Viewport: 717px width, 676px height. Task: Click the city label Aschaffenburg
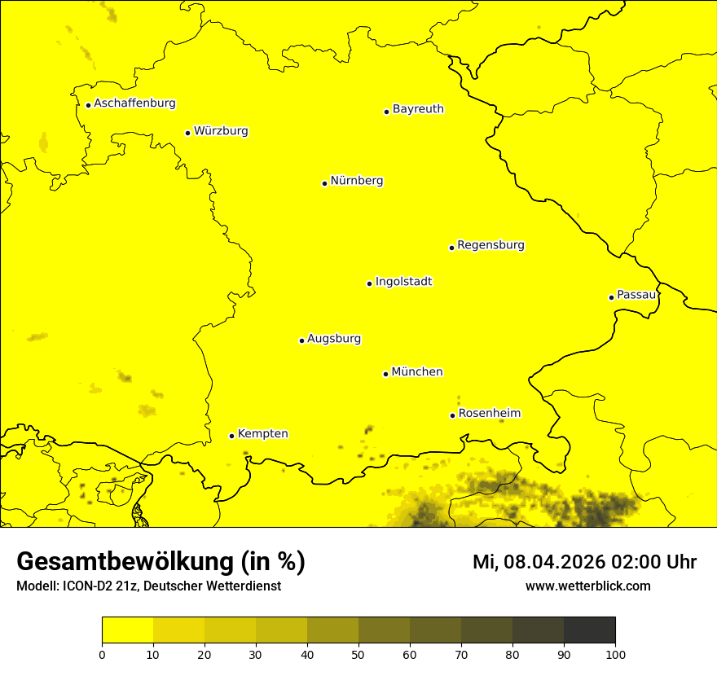point(134,103)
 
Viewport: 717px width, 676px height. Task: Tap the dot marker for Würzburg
point(187,133)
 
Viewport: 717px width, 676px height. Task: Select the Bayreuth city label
point(418,109)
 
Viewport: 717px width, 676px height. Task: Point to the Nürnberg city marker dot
point(324,183)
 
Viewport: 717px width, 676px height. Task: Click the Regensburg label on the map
point(490,245)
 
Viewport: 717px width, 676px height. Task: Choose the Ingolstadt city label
point(403,282)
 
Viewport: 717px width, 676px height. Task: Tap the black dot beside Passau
point(611,297)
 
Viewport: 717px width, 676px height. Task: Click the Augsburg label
point(334,339)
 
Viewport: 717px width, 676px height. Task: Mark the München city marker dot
point(385,374)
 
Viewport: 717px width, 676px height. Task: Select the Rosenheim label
point(489,414)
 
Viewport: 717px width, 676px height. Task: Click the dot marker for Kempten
point(231,436)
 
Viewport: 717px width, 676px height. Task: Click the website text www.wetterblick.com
point(587,586)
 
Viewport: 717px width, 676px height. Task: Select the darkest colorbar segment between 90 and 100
point(589,630)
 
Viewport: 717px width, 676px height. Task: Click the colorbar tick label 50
point(358,654)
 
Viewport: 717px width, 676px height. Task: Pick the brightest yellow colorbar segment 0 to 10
point(127,630)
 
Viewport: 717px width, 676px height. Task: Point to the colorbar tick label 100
point(615,654)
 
